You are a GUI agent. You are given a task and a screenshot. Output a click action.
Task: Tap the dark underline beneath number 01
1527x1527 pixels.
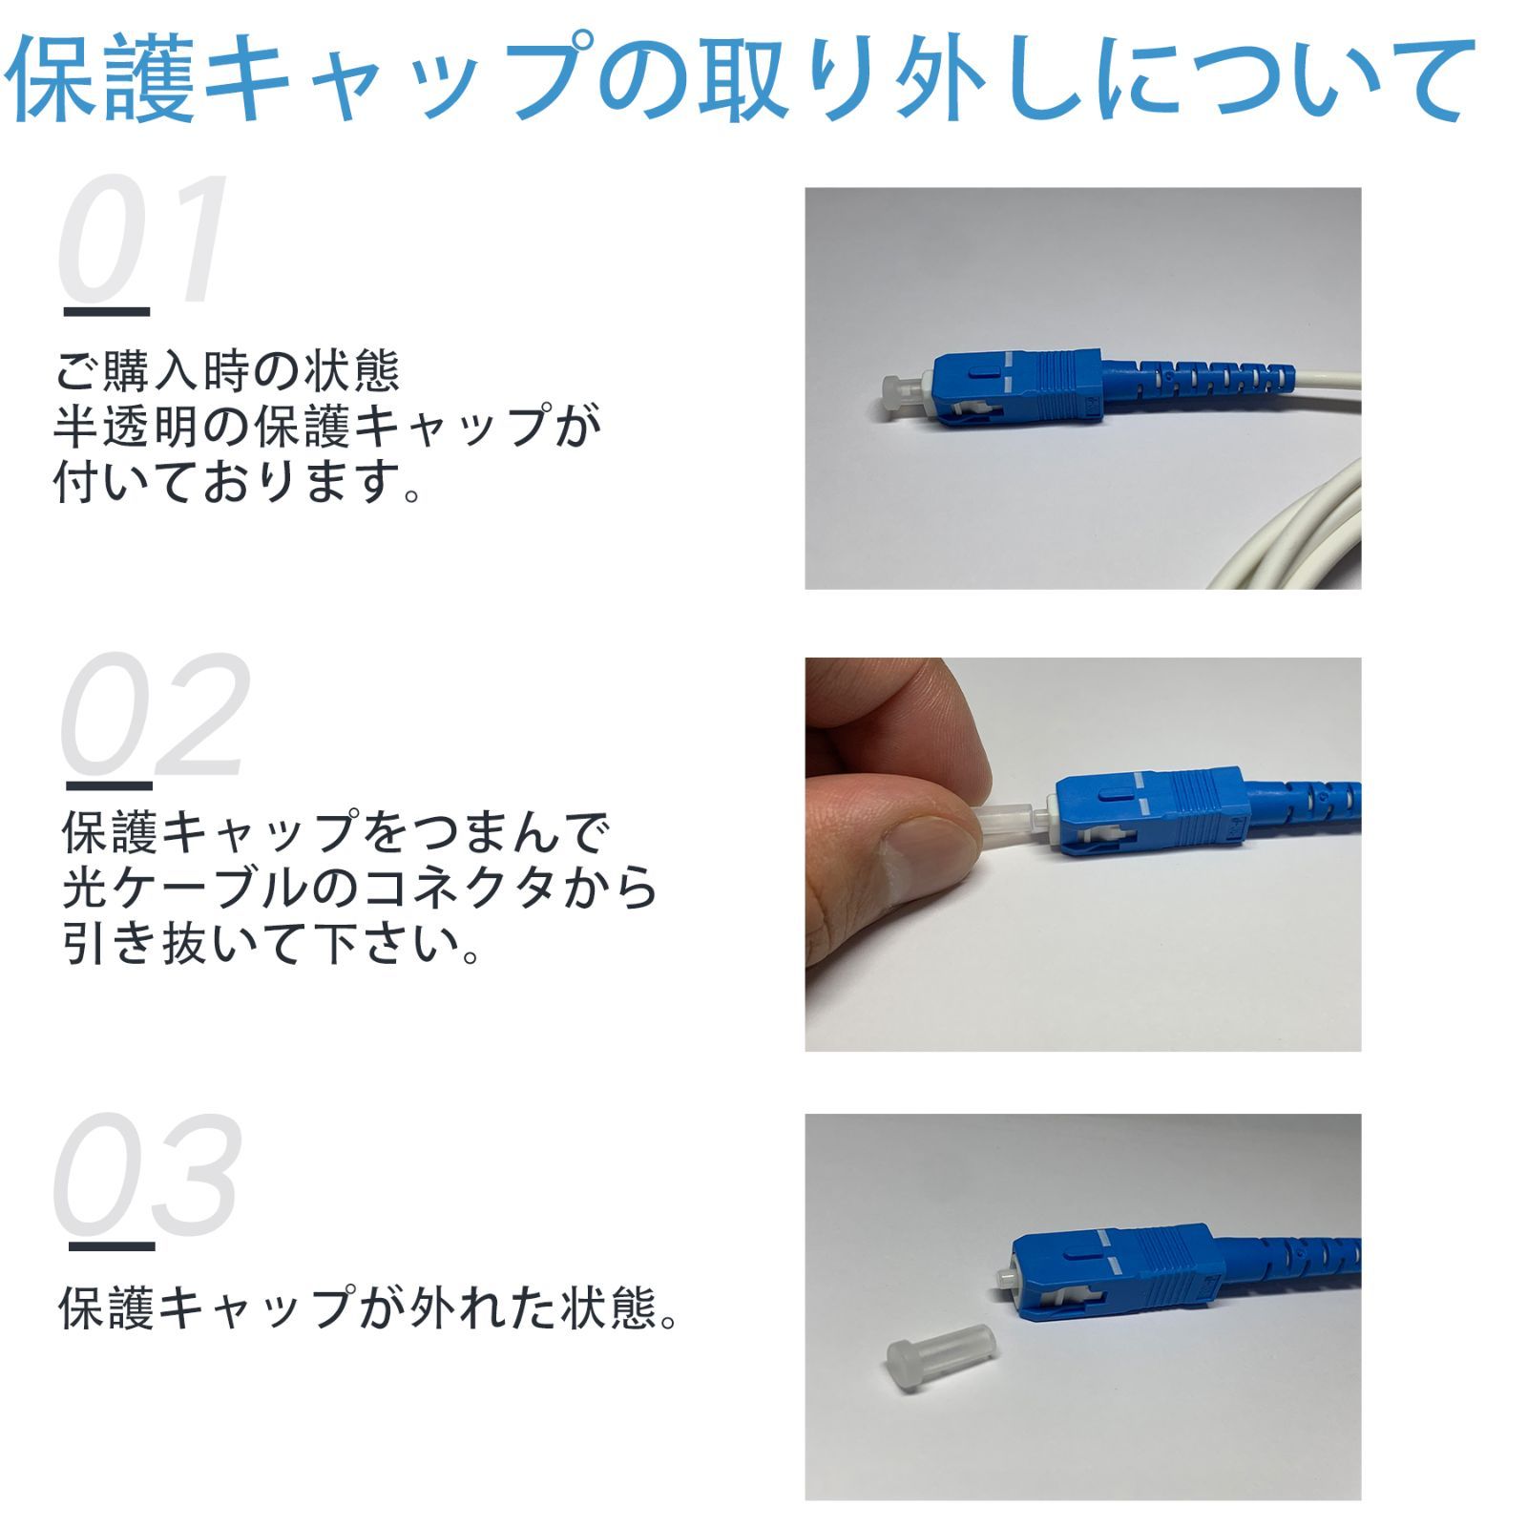(106, 312)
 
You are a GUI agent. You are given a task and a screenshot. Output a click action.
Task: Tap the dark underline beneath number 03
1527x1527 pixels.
(111, 1246)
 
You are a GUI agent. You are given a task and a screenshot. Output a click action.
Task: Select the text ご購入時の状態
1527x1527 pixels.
(227, 371)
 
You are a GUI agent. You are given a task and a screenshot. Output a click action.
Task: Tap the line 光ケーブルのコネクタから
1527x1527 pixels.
(359, 888)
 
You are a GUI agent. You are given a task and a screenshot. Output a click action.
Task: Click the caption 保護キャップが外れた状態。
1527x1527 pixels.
(368, 1307)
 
